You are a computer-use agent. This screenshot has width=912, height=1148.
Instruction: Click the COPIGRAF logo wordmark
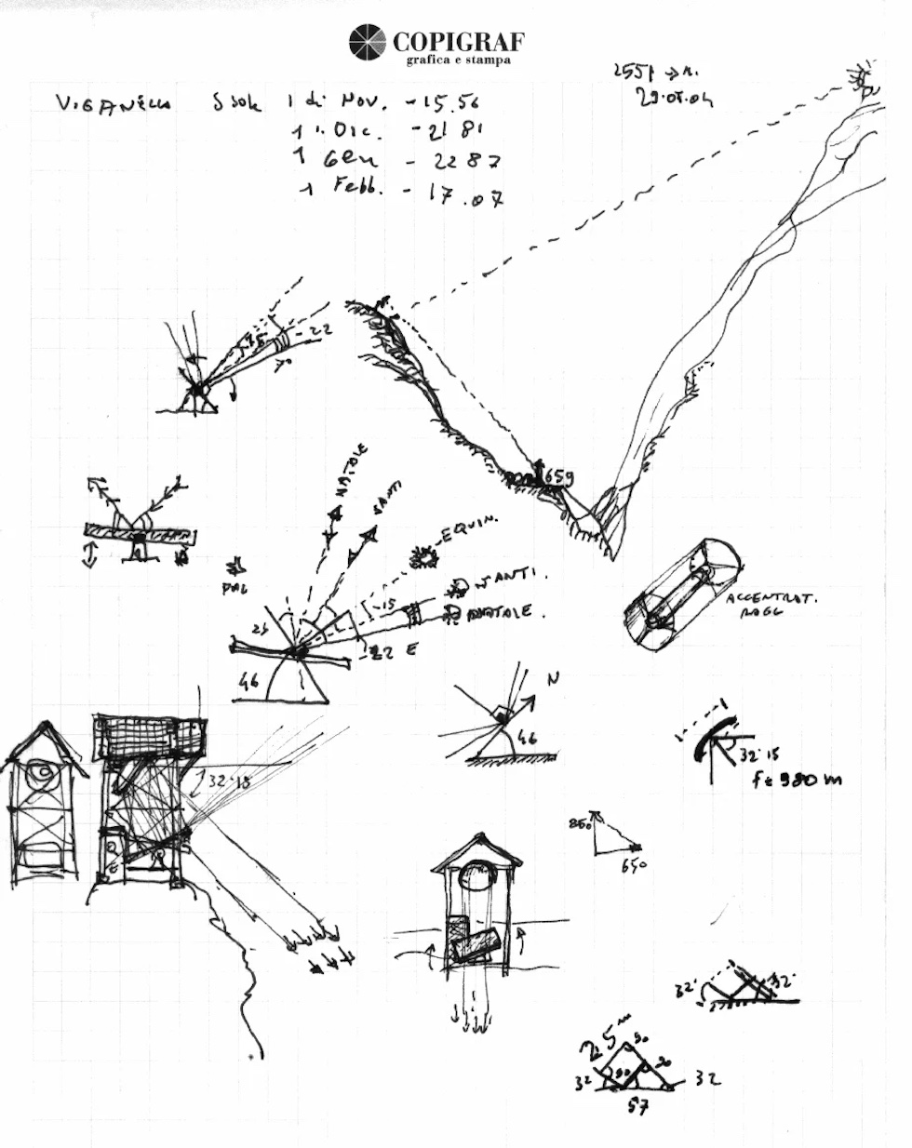(458, 41)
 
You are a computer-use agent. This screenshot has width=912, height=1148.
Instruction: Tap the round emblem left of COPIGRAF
(367, 43)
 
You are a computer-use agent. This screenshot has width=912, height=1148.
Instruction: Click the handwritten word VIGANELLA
(114, 103)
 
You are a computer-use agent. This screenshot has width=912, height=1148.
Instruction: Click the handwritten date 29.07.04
(675, 97)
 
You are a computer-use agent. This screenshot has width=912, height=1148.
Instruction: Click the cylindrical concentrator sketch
(681, 594)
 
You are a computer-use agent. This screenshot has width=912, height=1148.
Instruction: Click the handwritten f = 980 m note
(796, 779)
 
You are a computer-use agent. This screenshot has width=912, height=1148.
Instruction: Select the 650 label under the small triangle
(634, 865)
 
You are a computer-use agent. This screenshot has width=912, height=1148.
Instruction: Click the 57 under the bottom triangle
(637, 1107)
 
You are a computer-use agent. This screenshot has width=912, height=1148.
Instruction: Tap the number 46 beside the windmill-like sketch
(248, 682)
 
